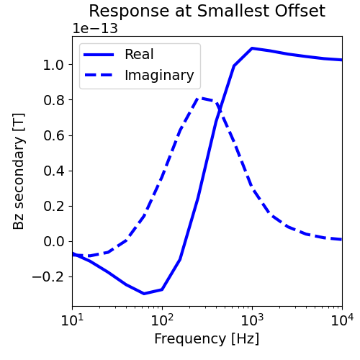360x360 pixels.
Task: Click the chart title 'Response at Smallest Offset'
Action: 207,12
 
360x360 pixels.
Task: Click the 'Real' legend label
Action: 138,55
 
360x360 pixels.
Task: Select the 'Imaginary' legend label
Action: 158,75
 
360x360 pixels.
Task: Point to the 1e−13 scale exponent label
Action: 95,29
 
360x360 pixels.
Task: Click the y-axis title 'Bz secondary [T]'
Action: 19,172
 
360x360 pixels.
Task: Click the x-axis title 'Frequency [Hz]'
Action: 207,338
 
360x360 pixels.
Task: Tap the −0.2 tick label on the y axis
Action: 47,276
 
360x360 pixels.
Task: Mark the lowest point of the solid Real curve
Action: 144,293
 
